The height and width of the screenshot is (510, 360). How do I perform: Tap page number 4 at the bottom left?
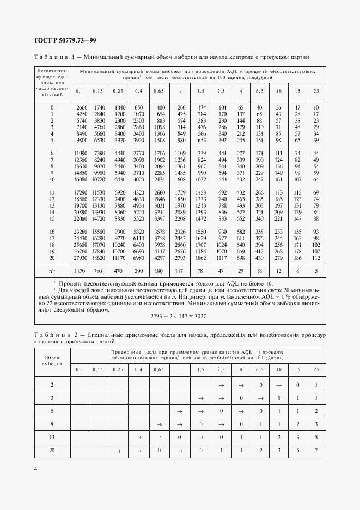point(35,469)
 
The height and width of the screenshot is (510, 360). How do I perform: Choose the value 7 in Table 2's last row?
point(316,450)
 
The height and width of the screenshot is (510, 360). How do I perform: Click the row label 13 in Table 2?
point(52,436)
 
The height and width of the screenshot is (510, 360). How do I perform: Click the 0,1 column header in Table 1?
point(79,90)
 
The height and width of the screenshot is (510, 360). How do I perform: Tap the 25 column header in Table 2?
point(316,370)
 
